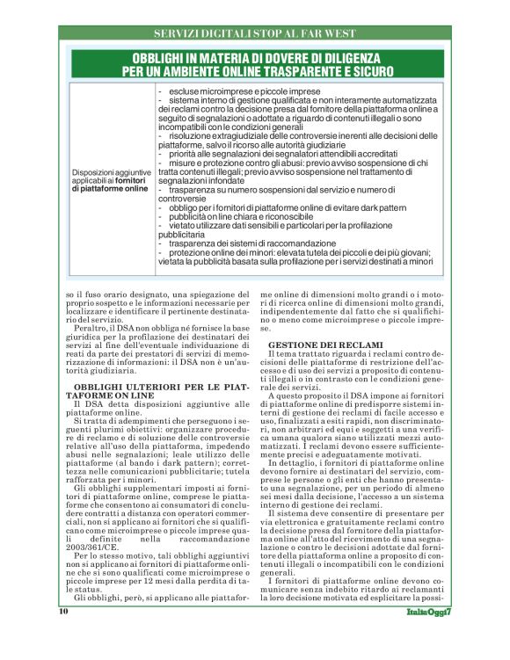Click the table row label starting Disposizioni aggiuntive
[x=110, y=179]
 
